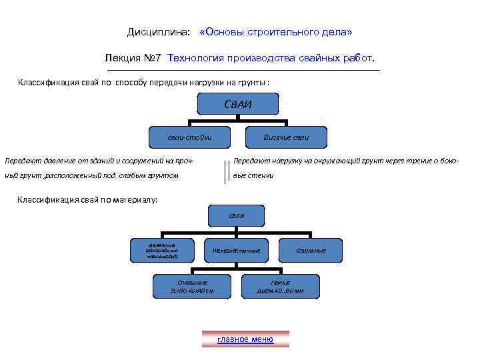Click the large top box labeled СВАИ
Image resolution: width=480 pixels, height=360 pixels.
pyautogui.click(x=238, y=104)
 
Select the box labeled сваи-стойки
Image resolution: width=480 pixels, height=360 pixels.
pyautogui.click(x=180, y=137)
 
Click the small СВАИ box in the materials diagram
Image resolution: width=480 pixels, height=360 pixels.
pyautogui.click(x=237, y=215)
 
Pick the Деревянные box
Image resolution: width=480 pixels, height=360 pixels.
pyautogui.click(x=163, y=250)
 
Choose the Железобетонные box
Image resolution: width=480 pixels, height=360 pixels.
pyautogui.click(x=236, y=250)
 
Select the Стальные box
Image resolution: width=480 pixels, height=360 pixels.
pyautogui.click(x=311, y=250)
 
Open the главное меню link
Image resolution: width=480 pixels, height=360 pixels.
pyautogui.click(x=245, y=339)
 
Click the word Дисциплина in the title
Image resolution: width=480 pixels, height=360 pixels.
pyautogui.click(x=158, y=33)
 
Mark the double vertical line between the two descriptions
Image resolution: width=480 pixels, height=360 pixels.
pyautogui.click(x=225, y=171)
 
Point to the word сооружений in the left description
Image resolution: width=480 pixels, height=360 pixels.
pyautogui.click(x=143, y=161)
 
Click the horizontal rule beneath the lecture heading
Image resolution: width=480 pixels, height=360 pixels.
pyautogui.click(x=243, y=70)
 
